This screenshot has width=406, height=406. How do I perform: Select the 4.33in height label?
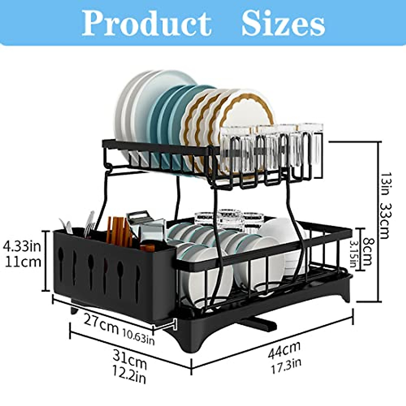tap(22, 246)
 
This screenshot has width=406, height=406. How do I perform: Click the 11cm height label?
tap(23, 262)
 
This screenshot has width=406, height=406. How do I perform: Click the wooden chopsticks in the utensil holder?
tap(117, 230)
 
